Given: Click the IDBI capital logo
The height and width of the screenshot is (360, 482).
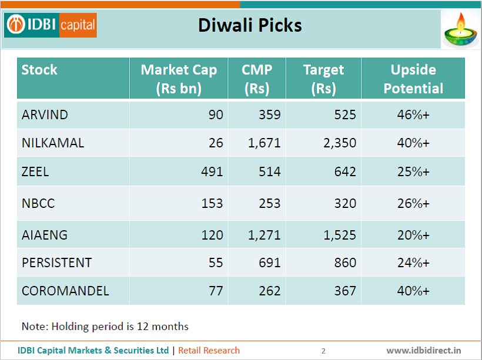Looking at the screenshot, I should pyautogui.click(x=51, y=25).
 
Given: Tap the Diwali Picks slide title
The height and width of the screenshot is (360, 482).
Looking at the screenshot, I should pyautogui.click(x=250, y=25).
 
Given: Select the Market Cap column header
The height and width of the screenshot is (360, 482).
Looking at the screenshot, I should pyautogui.click(x=179, y=79).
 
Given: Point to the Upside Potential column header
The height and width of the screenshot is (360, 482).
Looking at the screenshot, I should pyautogui.click(x=413, y=79).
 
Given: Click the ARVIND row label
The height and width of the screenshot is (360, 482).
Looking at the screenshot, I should pyautogui.click(x=45, y=115).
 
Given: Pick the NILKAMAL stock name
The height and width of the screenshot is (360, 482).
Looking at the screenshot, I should pyautogui.click(x=53, y=143).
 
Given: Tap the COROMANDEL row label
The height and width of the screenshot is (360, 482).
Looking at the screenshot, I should pyautogui.click(x=65, y=291).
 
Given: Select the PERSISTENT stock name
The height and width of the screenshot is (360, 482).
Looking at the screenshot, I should pyautogui.click(x=57, y=263).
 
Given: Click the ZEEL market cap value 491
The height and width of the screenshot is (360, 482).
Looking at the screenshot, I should pyautogui.click(x=212, y=171).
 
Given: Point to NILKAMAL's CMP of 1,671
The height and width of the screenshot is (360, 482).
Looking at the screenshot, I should pyautogui.click(x=263, y=143).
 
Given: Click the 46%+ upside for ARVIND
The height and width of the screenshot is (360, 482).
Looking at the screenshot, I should pyautogui.click(x=413, y=115).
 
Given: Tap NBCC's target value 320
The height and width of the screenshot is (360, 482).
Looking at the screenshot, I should pyautogui.click(x=344, y=203).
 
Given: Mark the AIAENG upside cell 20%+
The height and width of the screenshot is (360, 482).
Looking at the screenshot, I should pyautogui.click(x=413, y=235).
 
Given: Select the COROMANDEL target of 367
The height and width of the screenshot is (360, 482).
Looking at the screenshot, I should pyautogui.click(x=344, y=291).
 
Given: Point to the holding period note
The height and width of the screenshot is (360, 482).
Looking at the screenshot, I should pyautogui.click(x=105, y=326).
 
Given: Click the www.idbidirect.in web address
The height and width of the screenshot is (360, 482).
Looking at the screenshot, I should pyautogui.click(x=423, y=351).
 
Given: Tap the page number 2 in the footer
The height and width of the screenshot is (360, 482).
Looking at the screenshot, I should pyautogui.click(x=323, y=351).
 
